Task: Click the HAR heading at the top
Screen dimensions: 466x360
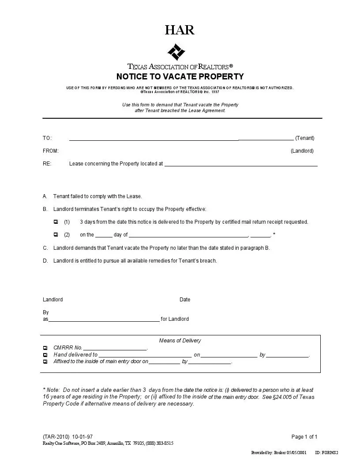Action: coord(180,30)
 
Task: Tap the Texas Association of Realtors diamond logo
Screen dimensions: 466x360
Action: coord(176,53)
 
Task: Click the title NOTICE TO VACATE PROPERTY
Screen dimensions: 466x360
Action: coord(180,76)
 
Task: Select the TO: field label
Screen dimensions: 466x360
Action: coord(47,138)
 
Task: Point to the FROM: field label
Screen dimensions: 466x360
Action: coord(51,151)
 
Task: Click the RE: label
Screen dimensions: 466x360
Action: coord(47,164)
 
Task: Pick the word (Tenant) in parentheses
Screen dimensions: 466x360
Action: coord(305,138)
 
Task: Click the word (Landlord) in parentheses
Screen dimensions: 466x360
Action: coord(302,151)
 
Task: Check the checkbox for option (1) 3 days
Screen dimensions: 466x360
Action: coord(56,222)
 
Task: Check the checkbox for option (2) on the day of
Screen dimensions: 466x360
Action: coord(56,235)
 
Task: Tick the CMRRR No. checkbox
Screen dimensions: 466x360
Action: coord(45,348)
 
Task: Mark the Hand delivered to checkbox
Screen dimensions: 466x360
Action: coord(45,355)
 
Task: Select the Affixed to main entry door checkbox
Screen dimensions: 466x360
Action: coord(45,362)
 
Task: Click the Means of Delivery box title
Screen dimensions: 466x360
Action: coord(180,341)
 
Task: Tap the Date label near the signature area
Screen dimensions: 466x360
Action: coord(185,300)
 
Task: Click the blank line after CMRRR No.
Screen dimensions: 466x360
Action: coord(115,349)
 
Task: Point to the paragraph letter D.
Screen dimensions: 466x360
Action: coord(45,261)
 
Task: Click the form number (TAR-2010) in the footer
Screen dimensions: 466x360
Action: coord(56,437)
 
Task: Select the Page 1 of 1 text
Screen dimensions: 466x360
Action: coord(304,437)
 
